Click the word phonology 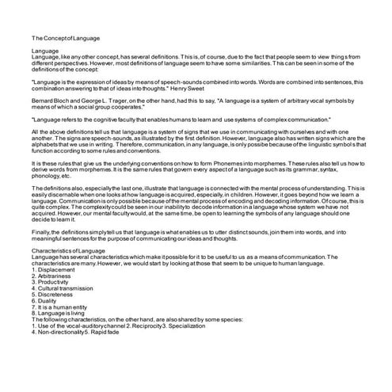coord(48,175)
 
